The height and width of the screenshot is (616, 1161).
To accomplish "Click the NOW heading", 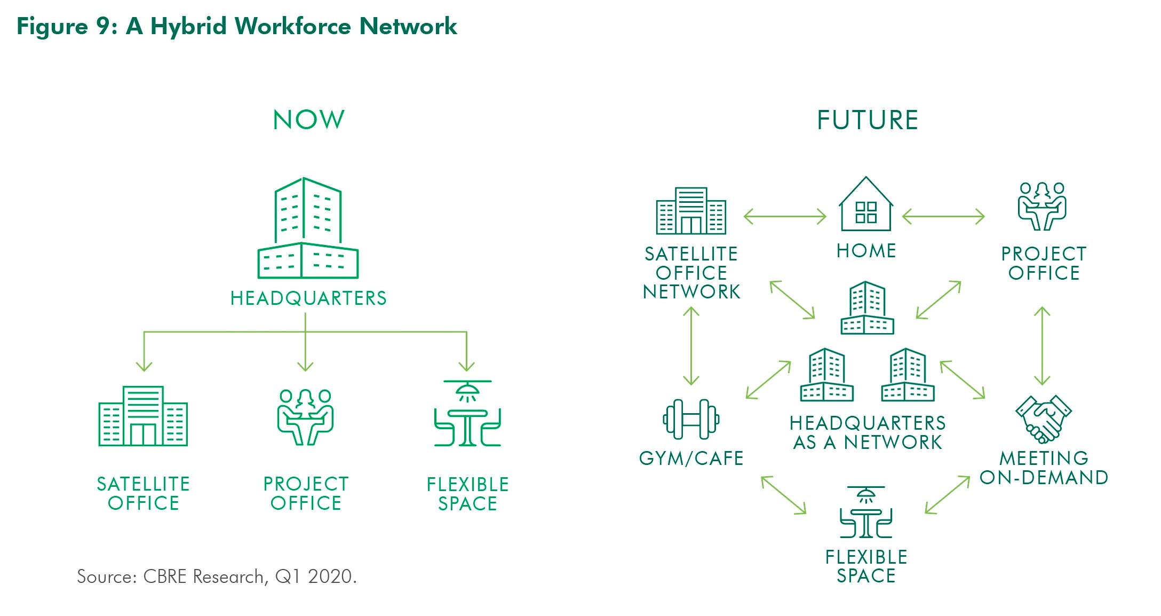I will pos(308,120).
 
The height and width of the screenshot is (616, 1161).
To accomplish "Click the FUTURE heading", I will pos(867,120).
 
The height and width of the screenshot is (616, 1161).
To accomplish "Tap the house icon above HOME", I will pos(865,205).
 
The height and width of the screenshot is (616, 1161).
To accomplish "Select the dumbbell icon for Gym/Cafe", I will pos(691,419).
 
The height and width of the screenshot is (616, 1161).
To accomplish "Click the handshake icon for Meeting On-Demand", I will pos(1043,419).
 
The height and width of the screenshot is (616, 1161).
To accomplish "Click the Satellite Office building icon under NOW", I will pos(143,416).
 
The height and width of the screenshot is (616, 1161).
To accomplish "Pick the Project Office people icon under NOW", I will pos(305,417).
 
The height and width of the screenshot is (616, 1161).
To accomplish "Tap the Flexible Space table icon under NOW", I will pos(467,414).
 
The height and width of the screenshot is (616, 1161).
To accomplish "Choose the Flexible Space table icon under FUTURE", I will pos(865,512).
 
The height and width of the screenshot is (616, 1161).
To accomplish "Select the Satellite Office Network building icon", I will pos(691,211).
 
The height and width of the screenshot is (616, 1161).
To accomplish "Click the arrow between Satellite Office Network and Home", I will pos(785,217).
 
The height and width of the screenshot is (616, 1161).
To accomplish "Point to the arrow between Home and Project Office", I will pos(943,217).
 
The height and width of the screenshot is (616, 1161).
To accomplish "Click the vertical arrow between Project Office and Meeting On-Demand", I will pos(1042,346).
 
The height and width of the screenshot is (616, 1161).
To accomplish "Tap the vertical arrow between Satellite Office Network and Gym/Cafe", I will pos(691,346).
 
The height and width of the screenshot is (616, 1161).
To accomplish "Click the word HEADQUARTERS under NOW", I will pos(308,298).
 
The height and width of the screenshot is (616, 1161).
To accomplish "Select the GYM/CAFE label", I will pos(691,459).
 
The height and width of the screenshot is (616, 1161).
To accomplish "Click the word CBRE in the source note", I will pos(165,576).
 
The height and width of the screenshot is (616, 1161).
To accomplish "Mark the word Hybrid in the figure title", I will pos(188,27).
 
